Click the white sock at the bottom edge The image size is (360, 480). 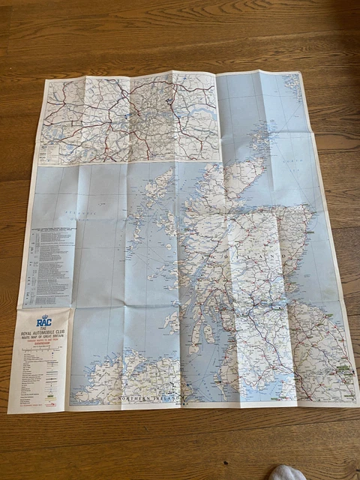(x=289, y=472)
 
